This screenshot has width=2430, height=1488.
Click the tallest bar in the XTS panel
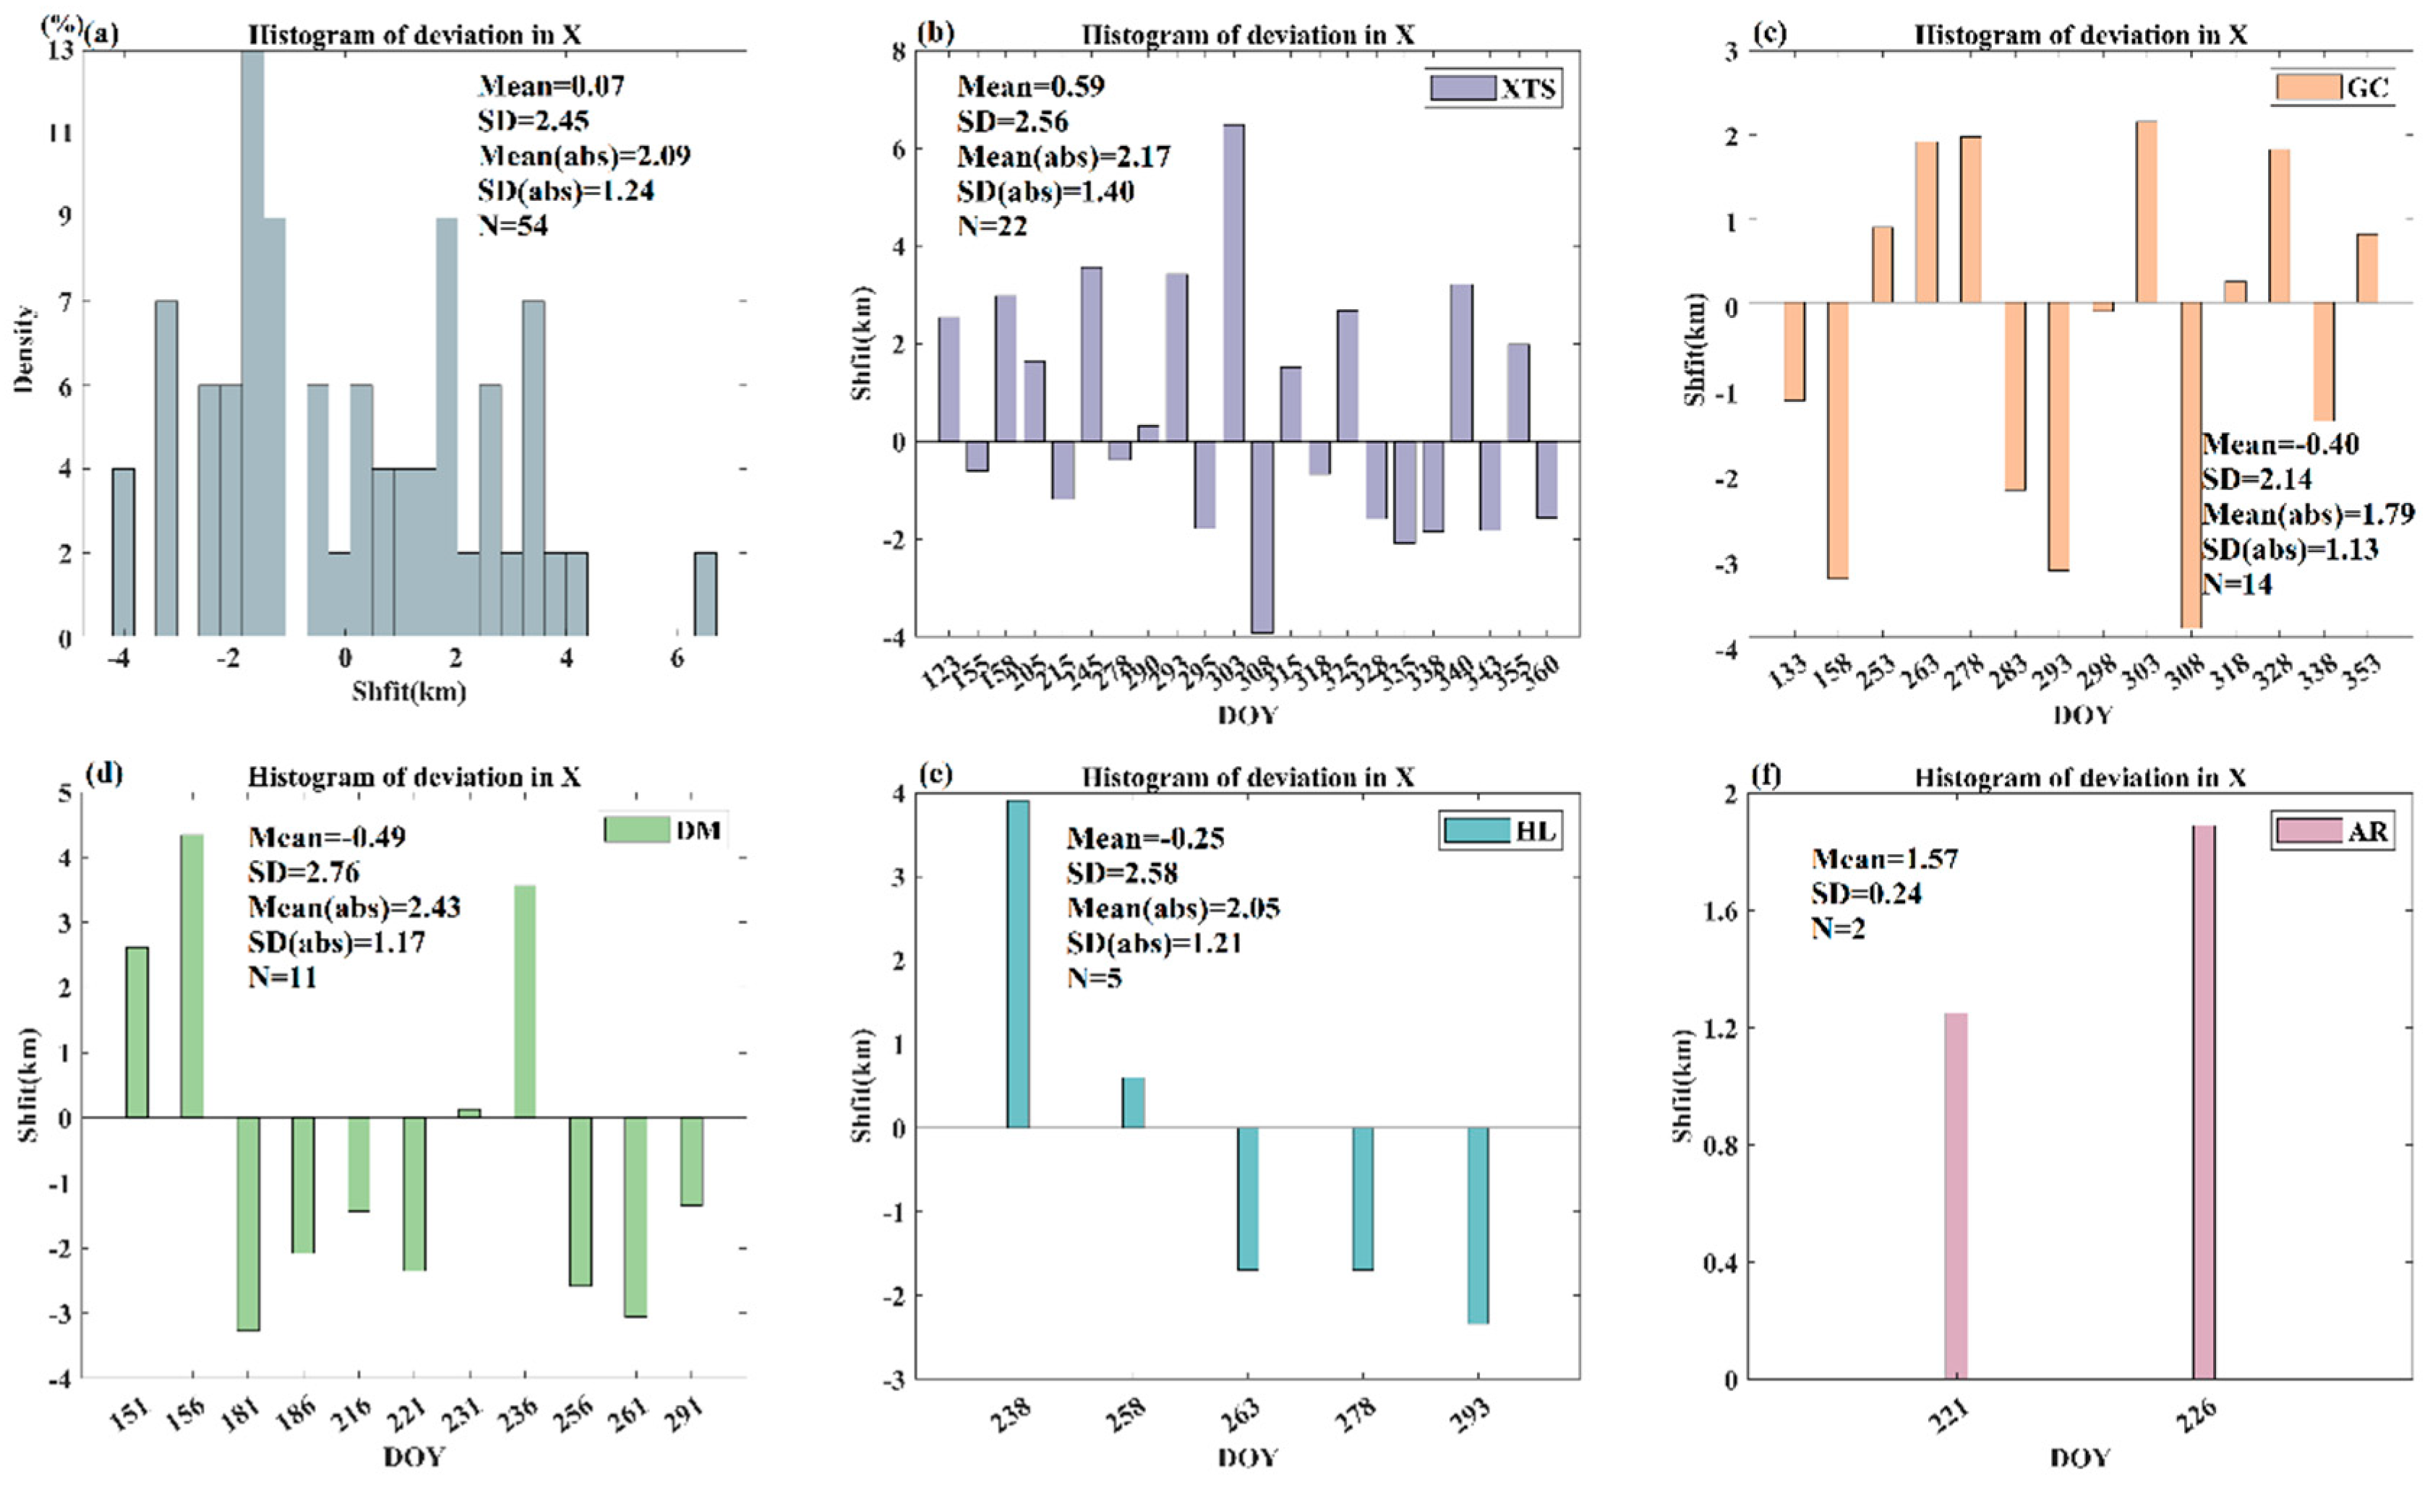click(x=1233, y=283)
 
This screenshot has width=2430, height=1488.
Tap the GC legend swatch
click(x=2308, y=87)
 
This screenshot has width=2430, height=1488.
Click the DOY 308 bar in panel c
click(x=2191, y=463)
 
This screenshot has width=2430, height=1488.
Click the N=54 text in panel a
click(x=513, y=225)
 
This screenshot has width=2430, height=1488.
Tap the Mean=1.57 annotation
click(x=1885, y=859)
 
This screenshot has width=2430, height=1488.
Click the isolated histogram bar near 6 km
click(x=705, y=595)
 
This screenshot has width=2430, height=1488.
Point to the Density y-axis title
click(x=24, y=350)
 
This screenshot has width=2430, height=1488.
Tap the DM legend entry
click(x=664, y=830)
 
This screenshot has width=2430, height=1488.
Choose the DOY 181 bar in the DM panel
click(x=247, y=1223)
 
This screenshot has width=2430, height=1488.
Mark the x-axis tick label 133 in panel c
click(x=1789, y=671)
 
